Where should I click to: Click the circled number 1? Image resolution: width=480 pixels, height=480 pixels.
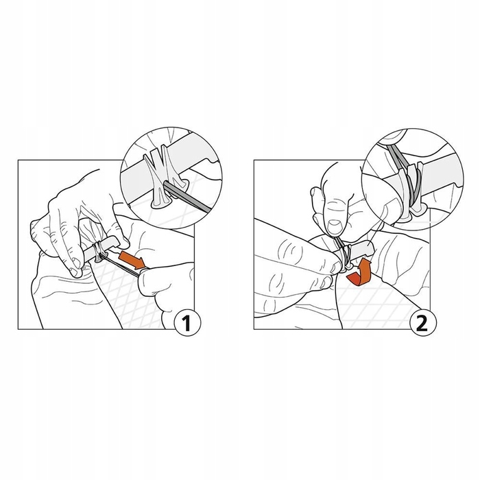pos(187,322)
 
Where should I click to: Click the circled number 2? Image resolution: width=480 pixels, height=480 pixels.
pos(423,322)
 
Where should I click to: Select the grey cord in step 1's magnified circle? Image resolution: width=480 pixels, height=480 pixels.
pos(187,196)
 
